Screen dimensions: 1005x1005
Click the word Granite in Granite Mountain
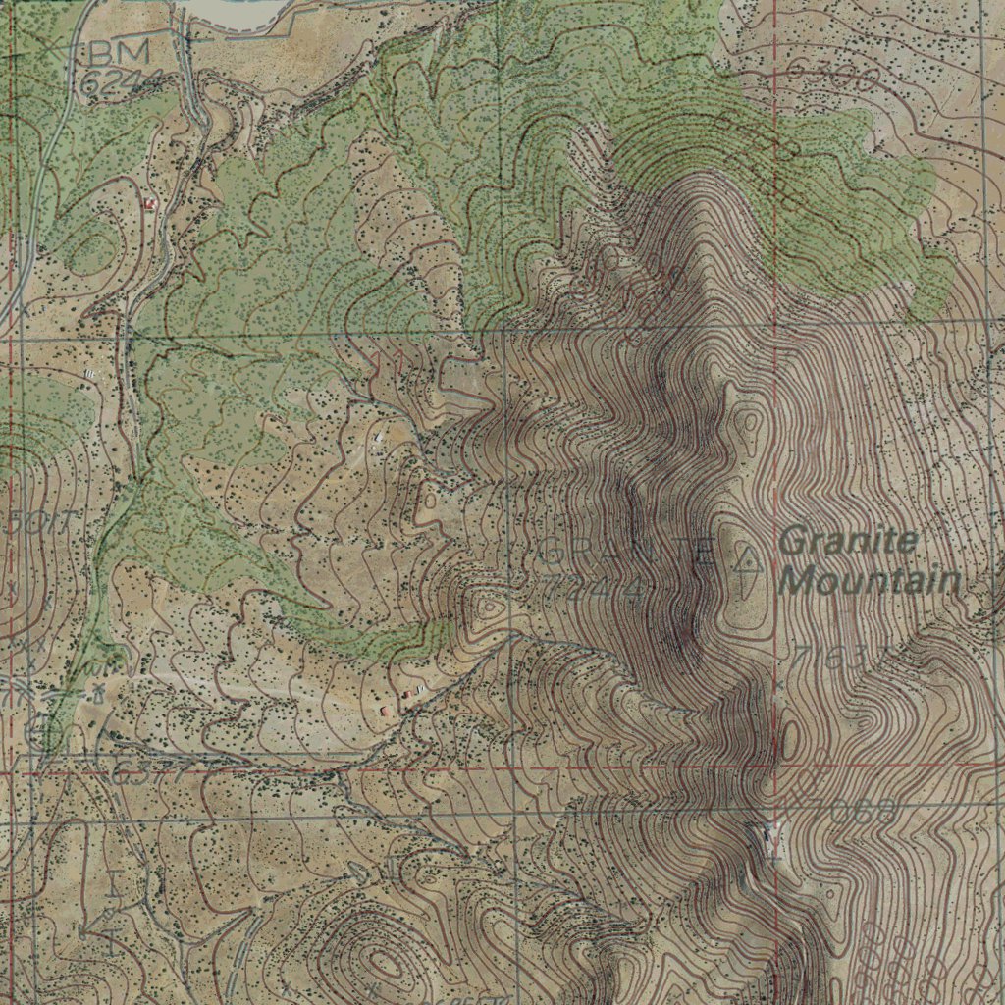pos(850,540)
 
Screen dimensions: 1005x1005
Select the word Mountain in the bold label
pos(869,581)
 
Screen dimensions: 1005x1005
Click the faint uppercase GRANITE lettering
pos(628,553)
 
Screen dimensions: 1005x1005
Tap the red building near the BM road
pos(150,203)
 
